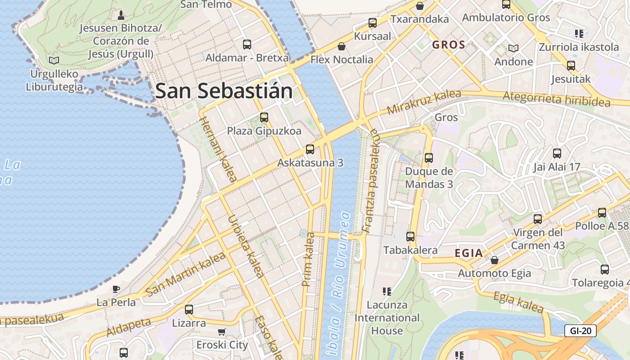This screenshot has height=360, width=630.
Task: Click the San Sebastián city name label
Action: [x=224, y=91]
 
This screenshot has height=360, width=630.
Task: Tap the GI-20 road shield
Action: [x=580, y=331]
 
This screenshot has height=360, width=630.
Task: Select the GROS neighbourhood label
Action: [x=449, y=45]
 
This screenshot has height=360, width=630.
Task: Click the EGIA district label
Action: [x=468, y=253]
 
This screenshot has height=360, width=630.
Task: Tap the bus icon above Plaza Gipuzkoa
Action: [x=264, y=117]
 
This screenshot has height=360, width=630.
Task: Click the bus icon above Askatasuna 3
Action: [x=310, y=149]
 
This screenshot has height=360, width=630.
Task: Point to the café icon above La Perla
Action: [x=116, y=289]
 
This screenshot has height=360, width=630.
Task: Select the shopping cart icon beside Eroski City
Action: [x=221, y=332]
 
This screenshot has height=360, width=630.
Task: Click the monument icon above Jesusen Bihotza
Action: [x=121, y=15]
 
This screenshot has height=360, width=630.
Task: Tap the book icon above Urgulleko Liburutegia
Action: [x=54, y=60]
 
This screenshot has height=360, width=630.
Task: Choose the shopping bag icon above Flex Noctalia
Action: [x=342, y=46]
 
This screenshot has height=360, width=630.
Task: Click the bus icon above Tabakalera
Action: [x=410, y=237]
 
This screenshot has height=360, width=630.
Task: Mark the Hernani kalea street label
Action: [x=218, y=149]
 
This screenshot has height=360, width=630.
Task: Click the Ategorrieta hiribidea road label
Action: [x=556, y=99]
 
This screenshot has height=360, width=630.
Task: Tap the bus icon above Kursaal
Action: [x=372, y=23]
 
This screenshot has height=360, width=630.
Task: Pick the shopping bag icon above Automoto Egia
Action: [x=495, y=260]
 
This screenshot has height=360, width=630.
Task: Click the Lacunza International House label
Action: [x=387, y=318]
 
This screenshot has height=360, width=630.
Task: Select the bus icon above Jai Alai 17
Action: [x=557, y=153]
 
